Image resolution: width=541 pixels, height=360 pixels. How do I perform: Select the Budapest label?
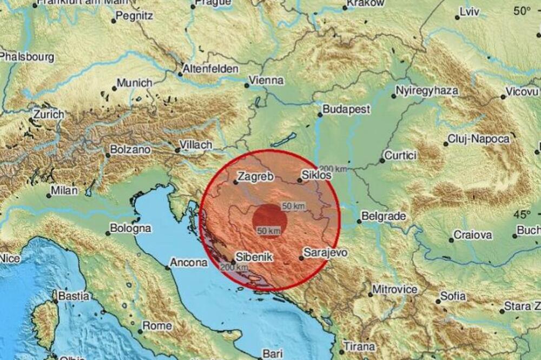pos(346,109)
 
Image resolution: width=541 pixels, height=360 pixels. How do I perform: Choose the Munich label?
pos(135,83)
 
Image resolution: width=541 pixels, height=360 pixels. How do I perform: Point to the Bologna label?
pos(130,229)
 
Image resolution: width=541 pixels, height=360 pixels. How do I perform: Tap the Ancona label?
pos(189,263)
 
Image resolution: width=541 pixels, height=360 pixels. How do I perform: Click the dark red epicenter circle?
pos(270,221)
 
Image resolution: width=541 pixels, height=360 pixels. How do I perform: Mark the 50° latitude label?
pos(523,10)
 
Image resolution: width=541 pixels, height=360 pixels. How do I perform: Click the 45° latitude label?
pos(523,214)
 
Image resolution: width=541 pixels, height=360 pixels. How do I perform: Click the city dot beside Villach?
pos(177,151)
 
